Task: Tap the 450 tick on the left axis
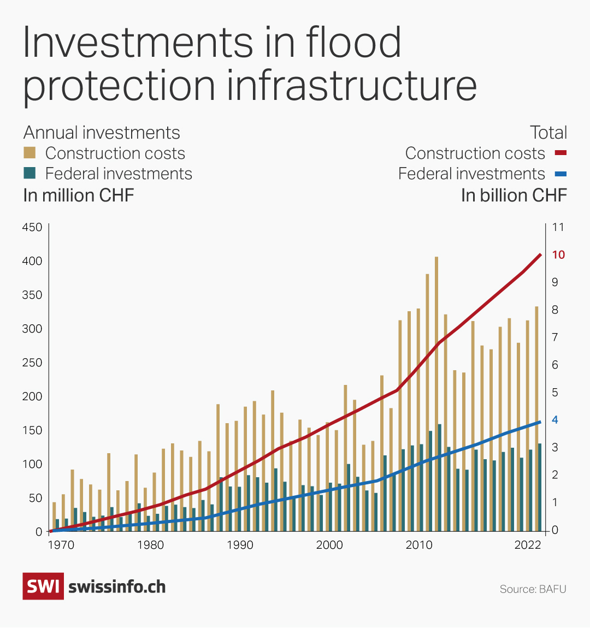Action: (32, 227)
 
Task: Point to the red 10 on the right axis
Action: (558, 254)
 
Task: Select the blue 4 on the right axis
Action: (555, 419)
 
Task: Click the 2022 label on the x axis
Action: (528, 545)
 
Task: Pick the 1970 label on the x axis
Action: (61, 545)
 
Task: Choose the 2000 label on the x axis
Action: (329, 545)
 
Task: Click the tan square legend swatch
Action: (29, 152)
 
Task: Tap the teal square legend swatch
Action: (29, 173)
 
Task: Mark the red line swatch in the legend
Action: (560, 153)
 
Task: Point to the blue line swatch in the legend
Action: (560, 174)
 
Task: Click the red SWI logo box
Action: (43, 586)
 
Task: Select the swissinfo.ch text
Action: (117, 587)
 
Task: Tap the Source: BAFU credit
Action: (533, 589)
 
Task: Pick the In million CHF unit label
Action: (78, 195)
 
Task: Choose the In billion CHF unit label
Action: (514, 195)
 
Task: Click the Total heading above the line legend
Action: (548, 133)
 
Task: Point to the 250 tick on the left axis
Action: (32, 363)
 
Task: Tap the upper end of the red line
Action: (540, 254)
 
